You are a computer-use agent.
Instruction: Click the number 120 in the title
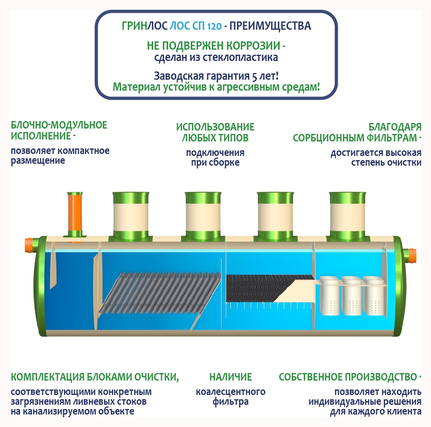215,27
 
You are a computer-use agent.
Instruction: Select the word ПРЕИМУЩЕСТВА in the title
270,26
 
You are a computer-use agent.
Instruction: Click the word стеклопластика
240,57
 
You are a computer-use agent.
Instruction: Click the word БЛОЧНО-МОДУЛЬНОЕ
59,125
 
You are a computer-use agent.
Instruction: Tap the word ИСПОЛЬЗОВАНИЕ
215,127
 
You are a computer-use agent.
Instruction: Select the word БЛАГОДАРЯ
395,127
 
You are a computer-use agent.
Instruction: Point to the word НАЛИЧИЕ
231,377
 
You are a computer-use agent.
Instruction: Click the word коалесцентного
231,392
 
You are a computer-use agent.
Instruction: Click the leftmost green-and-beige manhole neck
131,217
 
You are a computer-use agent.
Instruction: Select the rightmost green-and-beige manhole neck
348,217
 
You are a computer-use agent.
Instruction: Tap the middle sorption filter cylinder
352,296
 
